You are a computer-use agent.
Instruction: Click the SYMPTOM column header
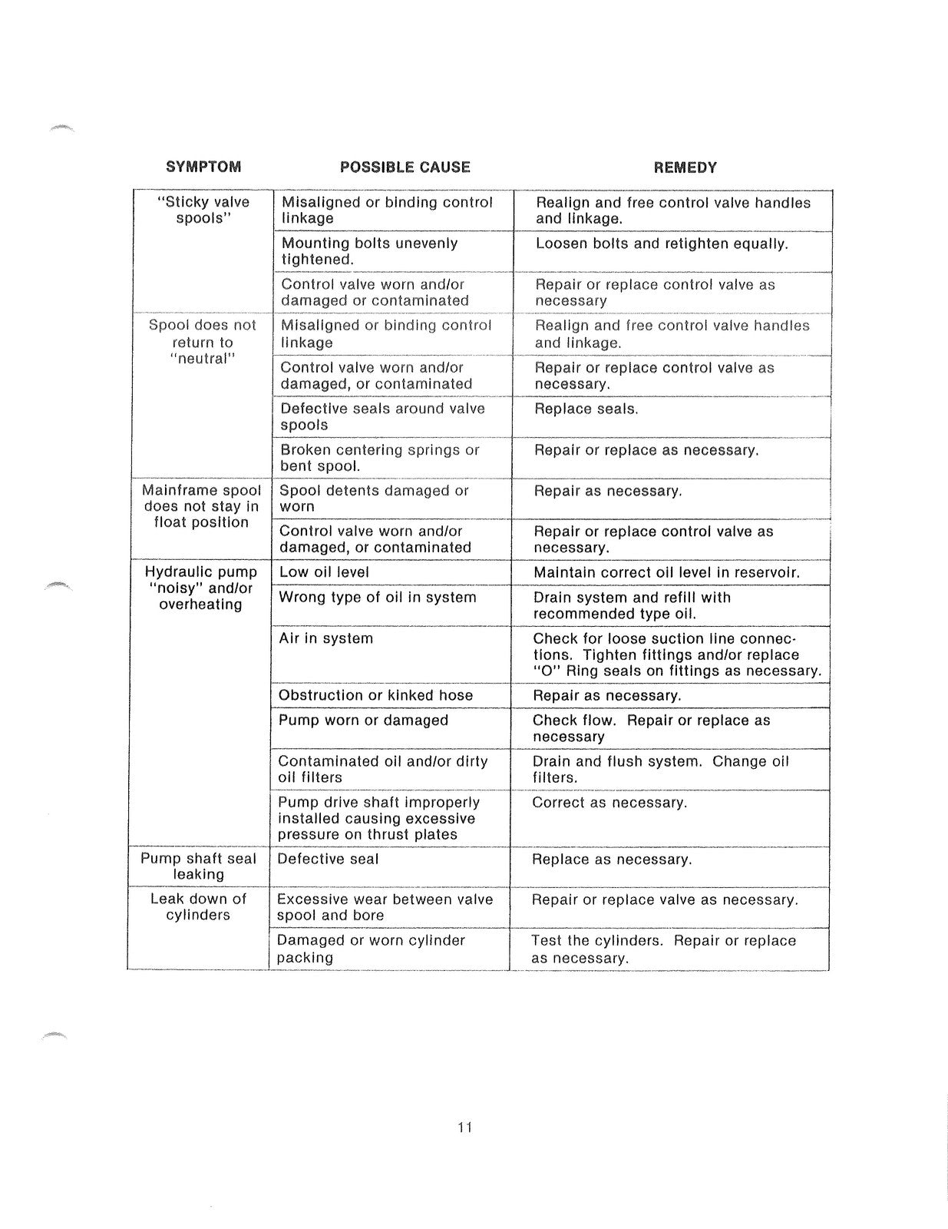coord(203,167)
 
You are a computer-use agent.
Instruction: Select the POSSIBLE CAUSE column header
coord(405,167)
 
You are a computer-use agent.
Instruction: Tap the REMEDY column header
coord(685,167)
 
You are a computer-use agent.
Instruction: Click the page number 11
coord(464,1128)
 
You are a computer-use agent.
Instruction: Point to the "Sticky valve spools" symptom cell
coord(203,210)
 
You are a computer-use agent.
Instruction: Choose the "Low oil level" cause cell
coord(324,572)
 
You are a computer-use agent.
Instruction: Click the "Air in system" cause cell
coord(325,638)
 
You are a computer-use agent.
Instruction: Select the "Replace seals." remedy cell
coord(586,409)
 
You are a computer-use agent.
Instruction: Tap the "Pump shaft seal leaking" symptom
coord(199,866)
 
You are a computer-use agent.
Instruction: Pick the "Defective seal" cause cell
coord(328,859)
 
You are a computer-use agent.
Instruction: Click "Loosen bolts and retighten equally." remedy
coord(662,243)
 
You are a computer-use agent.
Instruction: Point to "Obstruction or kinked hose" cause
coord(375,695)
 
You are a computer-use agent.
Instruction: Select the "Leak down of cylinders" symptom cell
coord(198,906)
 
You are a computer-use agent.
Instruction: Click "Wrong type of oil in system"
coord(377,597)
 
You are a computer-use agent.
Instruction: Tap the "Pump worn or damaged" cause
coord(363,720)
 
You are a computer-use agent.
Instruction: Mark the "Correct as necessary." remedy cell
coord(609,803)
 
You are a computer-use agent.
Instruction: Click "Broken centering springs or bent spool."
coord(379,458)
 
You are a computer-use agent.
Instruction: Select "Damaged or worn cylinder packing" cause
coord(371,949)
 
